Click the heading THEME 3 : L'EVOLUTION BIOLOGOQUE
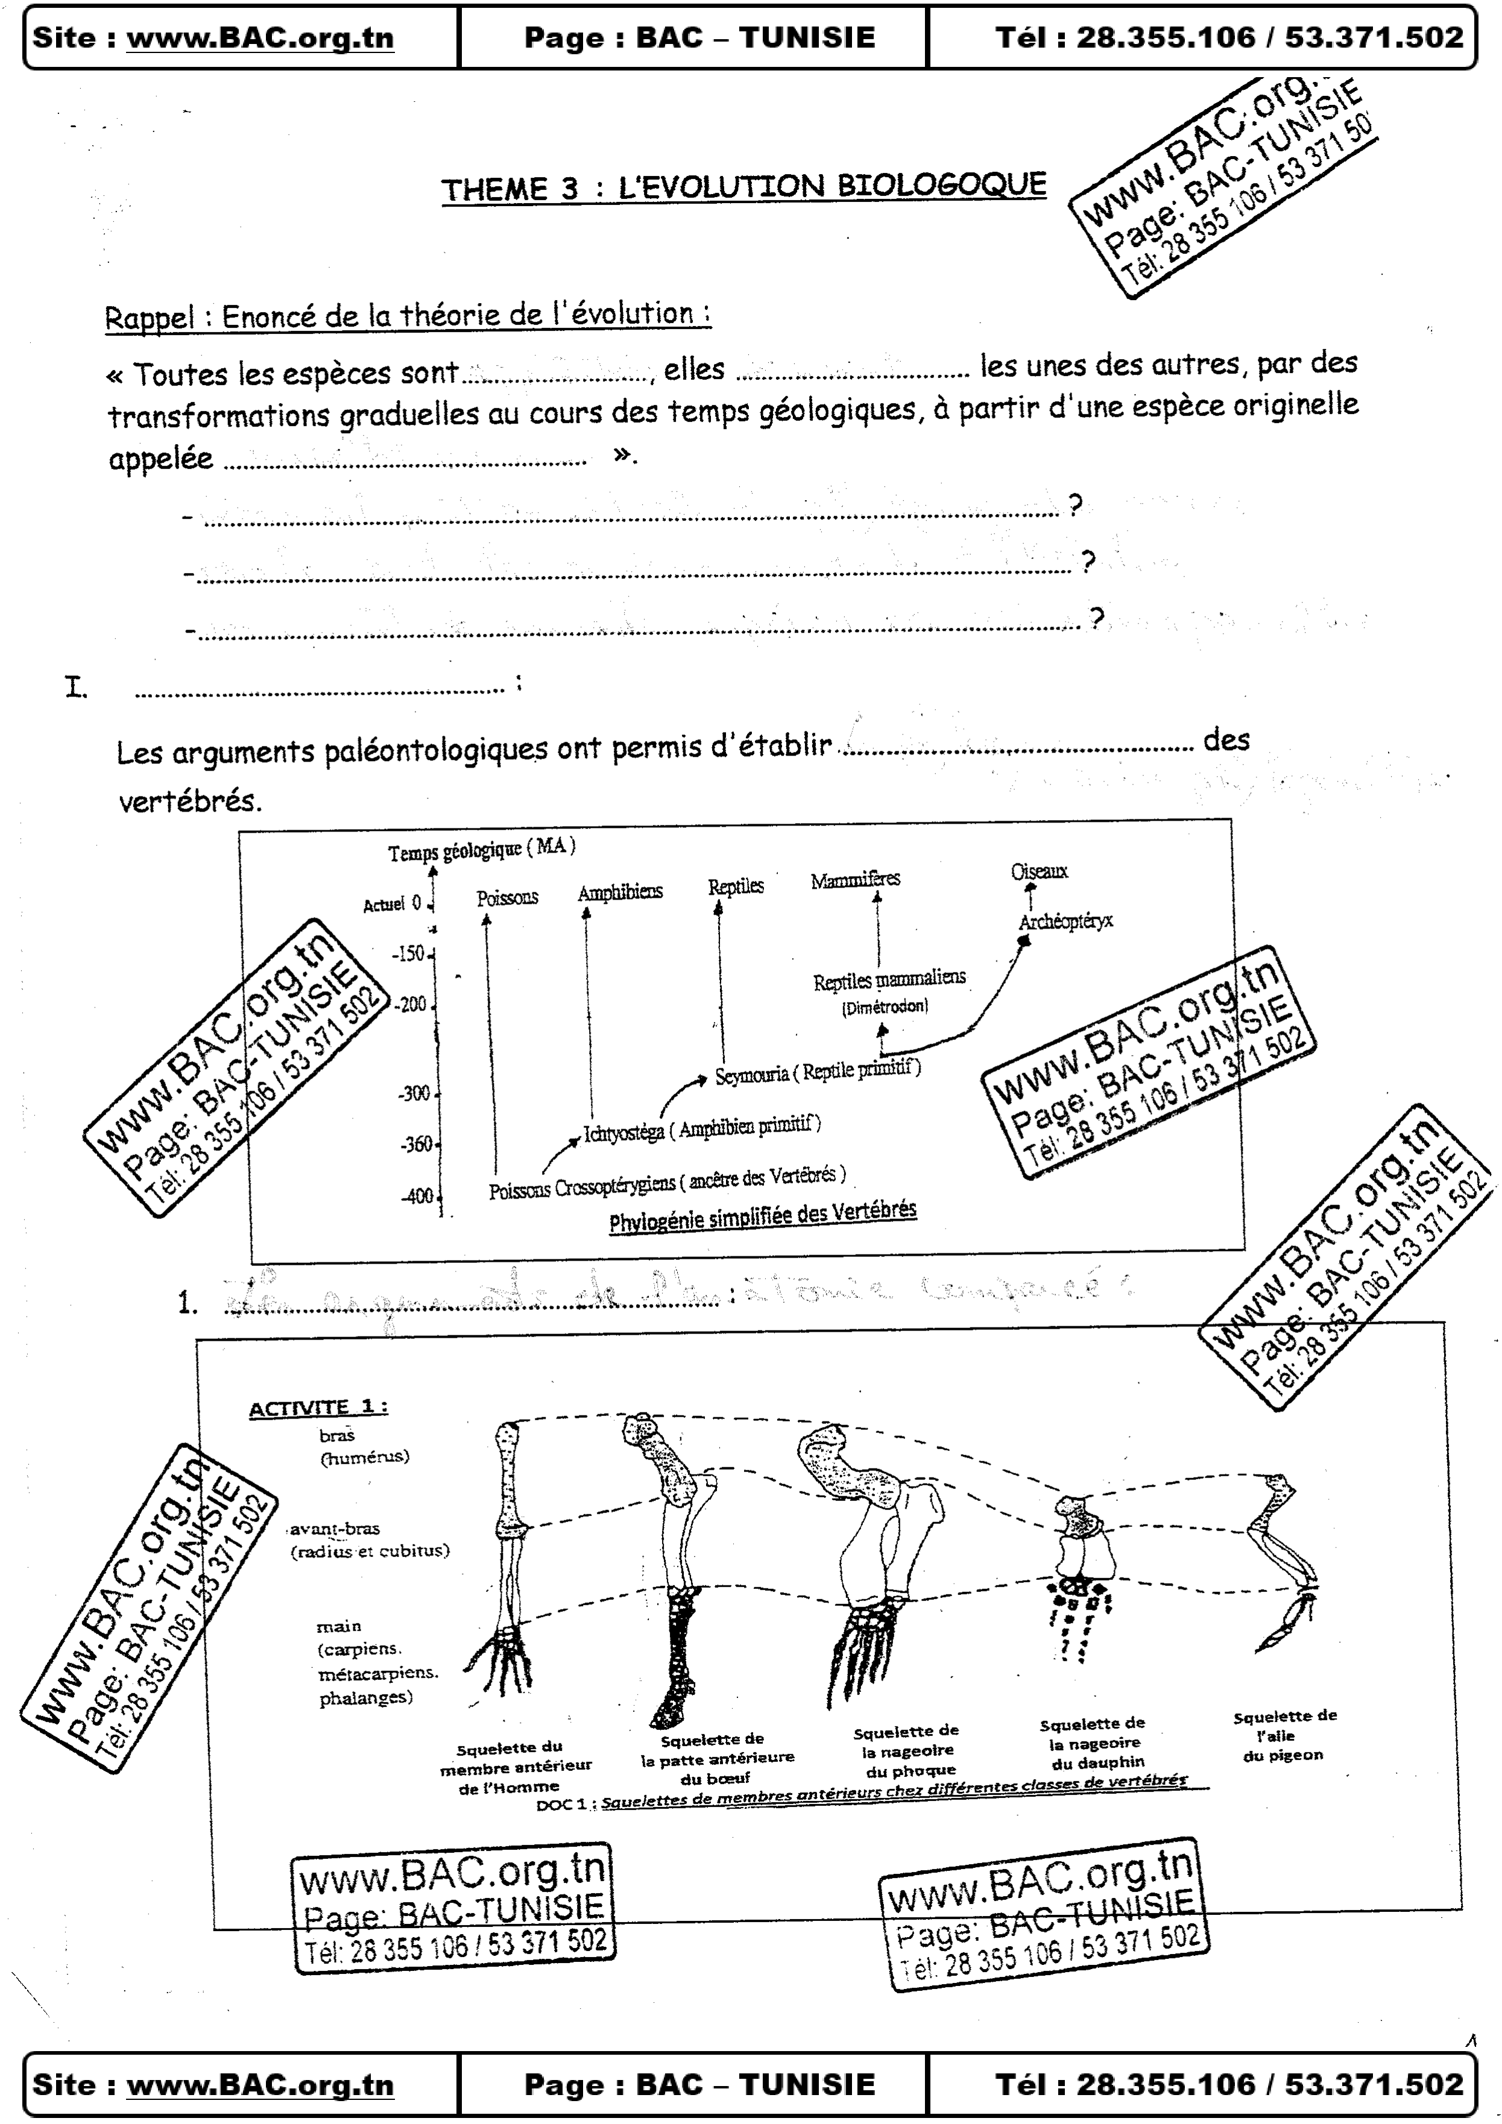coord(743,187)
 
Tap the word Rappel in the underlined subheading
coord(148,318)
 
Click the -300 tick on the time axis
coord(415,1094)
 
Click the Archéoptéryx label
coord(1065,921)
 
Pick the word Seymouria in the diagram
coord(751,1075)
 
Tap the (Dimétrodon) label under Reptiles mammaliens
coord(885,1006)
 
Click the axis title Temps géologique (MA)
coord(481,849)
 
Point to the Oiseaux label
coord(1040,871)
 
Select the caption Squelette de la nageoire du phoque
coord(905,1750)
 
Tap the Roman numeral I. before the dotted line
coord(76,688)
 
